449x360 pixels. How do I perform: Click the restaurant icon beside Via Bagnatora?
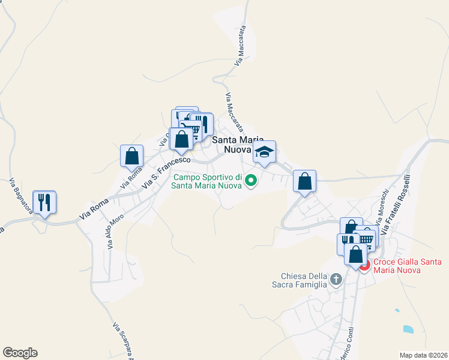(44, 202)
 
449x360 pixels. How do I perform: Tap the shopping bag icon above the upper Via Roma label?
(132, 156)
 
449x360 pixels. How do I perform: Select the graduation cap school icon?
(264, 152)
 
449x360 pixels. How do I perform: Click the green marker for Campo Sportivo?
(252, 179)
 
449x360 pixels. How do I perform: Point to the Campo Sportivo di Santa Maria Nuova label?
(208, 181)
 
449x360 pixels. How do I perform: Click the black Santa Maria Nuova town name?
(238, 144)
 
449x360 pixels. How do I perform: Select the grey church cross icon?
(336, 279)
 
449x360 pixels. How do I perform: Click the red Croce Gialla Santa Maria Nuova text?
(407, 266)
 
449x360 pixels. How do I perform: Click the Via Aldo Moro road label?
(116, 232)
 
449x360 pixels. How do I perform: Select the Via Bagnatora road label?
(21, 199)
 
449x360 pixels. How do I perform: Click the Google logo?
(20, 353)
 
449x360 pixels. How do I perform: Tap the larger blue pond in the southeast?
(409, 329)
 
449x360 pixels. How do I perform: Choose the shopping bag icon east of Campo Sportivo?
(305, 181)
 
